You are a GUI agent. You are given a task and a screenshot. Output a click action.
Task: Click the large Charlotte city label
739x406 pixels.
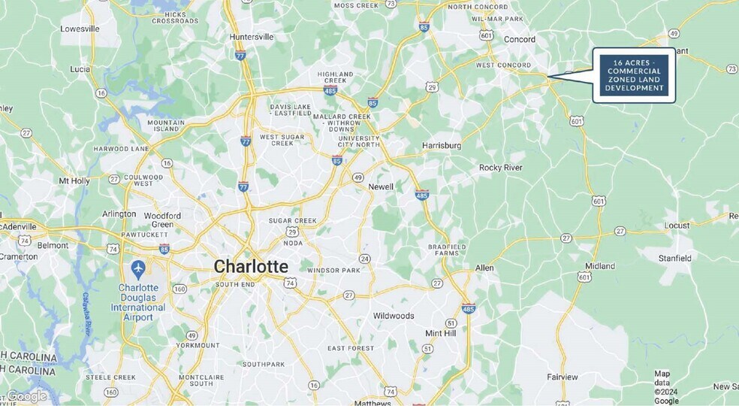coord(251,266)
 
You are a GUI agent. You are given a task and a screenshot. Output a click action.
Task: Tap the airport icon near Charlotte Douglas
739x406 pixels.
coord(137,268)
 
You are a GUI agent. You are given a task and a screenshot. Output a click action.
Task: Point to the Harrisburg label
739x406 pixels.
coord(441,144)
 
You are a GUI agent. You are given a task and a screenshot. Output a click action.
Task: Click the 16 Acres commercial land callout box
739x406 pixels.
coord(633,75)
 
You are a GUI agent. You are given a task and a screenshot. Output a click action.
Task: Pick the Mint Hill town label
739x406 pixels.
coord(441,332)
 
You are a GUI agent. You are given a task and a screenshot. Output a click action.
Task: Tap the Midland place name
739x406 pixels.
coord(600,266)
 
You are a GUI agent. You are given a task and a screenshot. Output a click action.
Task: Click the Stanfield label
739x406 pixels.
coord(674,258)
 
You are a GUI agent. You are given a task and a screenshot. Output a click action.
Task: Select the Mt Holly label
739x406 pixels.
coord(74,180)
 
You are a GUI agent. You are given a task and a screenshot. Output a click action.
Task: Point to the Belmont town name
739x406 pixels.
coord(53,245)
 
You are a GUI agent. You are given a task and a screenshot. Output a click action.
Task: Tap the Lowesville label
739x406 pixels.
coord(80,29)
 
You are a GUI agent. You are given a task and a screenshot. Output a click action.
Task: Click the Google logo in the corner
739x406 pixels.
coord(26,395)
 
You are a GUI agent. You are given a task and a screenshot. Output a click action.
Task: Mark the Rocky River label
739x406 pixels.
coord(500,167)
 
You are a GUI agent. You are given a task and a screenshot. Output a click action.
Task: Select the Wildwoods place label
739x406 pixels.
coord(394,316)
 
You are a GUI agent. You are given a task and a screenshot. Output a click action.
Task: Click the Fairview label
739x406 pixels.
coord(563,377)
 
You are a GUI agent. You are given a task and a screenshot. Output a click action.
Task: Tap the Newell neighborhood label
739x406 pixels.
coord(381,186)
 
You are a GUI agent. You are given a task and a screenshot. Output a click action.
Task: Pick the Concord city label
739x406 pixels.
coord(519,39)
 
